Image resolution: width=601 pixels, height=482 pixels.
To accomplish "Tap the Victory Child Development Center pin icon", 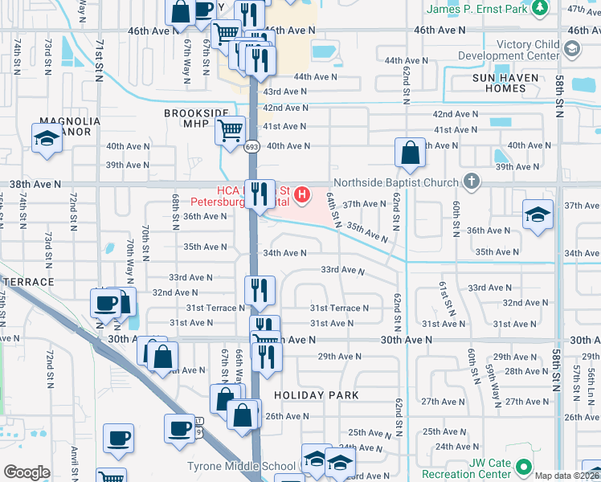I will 571,49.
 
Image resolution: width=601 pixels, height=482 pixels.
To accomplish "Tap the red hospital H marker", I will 302,194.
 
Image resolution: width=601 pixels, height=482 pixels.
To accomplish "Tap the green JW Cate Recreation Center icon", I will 524,467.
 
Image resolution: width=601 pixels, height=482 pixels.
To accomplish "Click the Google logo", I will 27,472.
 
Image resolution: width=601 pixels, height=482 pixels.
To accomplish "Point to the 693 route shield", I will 251,146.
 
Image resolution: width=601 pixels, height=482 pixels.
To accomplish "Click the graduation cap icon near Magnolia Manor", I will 47,138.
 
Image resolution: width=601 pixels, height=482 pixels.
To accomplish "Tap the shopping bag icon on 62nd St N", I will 410,153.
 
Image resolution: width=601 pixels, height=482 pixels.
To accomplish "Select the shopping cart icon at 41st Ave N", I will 231,129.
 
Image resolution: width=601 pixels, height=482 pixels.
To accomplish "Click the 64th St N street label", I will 332,212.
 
